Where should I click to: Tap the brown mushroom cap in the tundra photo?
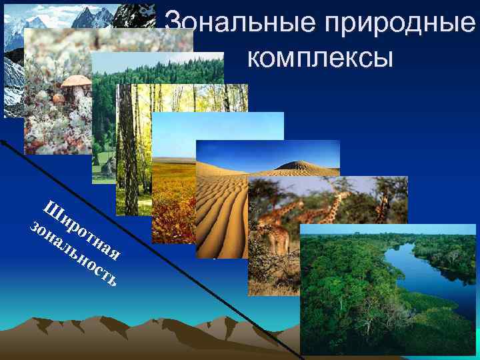pyautogui.click(x=75, y=83)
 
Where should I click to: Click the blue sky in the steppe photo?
pyautogui.click(x=200, y=133)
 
